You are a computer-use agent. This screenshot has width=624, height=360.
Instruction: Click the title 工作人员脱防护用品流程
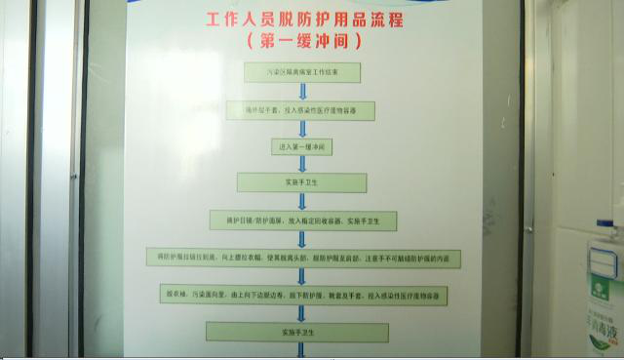click(304, 19)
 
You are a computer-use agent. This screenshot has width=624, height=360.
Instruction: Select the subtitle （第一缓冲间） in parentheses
click(304, 41)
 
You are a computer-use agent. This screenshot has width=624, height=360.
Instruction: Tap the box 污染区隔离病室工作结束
click(302, 72)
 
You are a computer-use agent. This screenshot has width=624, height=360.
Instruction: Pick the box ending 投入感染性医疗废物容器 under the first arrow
click(302, 110)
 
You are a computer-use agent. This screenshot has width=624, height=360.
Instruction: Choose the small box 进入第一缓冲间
click(302, 146)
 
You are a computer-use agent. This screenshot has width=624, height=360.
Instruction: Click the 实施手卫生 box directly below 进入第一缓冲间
click(302, 182)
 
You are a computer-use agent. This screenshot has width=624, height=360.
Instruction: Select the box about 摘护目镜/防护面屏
click(302, 220)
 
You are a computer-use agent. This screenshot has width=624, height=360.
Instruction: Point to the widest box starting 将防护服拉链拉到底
click(302, 257)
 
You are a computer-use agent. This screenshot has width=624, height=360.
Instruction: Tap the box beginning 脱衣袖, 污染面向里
click(302, 294)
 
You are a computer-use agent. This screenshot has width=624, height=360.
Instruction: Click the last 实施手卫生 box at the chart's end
click(302, 333)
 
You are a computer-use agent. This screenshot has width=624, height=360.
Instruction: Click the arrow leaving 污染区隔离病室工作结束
click(302, 91)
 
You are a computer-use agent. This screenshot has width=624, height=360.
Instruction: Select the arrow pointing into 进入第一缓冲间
click(302, 129)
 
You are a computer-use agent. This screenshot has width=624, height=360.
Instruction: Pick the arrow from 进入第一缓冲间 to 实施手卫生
click(302, 164)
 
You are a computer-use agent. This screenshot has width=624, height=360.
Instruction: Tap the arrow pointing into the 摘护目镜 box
click(302, 201)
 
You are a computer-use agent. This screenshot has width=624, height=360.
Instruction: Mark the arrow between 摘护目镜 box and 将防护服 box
click(302, 239)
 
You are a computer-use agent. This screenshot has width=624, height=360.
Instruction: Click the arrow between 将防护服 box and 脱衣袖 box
click(302, 275)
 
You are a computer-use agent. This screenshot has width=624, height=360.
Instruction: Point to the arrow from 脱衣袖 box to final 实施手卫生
click(302, 313)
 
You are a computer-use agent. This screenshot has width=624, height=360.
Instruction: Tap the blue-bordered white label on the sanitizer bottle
click(603, 260)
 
